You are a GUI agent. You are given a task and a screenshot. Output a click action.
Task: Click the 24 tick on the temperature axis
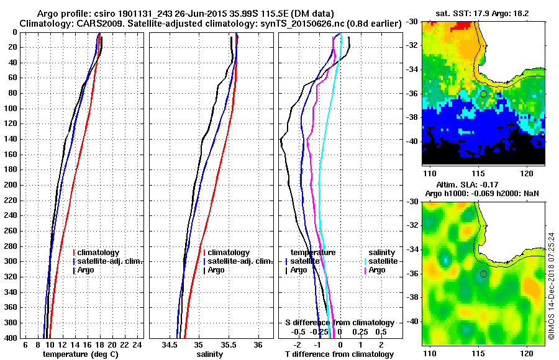pos(137,344)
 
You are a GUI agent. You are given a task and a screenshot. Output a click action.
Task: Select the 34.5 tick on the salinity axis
pos(170,344)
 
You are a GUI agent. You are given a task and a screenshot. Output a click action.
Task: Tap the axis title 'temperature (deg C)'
pos(80,354)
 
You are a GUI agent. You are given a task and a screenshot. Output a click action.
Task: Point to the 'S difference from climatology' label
pos(340,323)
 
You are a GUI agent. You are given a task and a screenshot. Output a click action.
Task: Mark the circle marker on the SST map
pos(483,94)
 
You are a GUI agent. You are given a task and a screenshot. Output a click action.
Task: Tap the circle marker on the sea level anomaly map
pos(483,274)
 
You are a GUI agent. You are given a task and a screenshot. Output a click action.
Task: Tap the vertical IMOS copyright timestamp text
pos(551,286)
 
